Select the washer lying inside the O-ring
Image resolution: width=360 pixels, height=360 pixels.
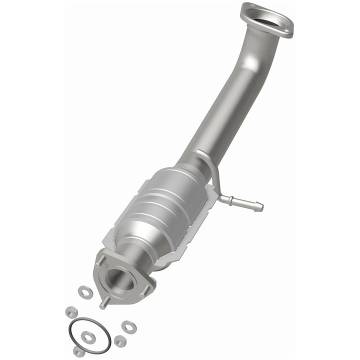(x=88, y=337)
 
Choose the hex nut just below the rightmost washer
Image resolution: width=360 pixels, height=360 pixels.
(x=119, y=342)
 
